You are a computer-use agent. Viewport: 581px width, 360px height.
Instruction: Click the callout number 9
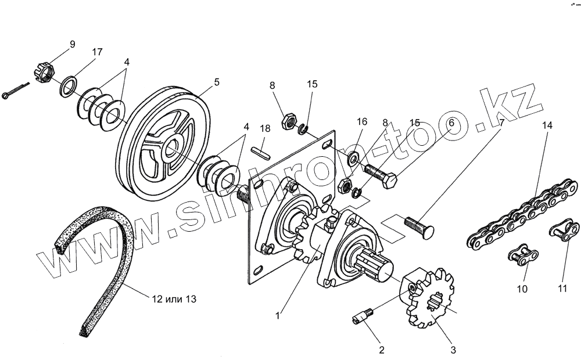72,44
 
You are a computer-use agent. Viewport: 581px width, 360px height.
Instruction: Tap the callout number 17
97,52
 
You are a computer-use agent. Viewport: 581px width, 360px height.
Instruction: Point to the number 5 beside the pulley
217,82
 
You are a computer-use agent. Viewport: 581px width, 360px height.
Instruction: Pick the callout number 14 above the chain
548,126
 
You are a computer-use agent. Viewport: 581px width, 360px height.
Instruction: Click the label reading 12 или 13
174,300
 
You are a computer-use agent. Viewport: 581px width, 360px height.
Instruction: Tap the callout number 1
278,316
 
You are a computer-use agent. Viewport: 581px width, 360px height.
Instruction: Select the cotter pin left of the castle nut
12,93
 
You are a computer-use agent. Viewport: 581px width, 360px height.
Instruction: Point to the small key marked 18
261,151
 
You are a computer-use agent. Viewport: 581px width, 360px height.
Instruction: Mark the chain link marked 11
562,233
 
